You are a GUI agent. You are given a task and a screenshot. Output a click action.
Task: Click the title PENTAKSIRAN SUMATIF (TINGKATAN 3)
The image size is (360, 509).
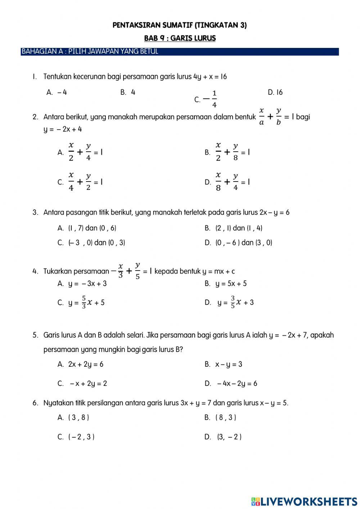[x=180, y=25]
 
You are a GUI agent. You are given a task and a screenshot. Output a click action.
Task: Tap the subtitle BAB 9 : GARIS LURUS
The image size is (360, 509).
[x=180, y=38]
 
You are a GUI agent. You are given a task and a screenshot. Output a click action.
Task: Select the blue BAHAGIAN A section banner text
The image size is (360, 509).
[x=90, y=52]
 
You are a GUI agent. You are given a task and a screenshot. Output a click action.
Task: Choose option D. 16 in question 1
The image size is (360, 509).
[x=275, y=93]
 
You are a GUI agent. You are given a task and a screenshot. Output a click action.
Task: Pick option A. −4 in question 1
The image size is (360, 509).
[x=57, y=92]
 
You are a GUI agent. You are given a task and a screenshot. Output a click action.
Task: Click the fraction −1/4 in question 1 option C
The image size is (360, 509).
[x=210, y=99]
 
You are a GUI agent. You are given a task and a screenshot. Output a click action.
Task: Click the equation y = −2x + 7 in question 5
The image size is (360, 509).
[x=288, y=335]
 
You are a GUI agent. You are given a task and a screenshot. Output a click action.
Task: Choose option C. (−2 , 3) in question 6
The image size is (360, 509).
[x=76, y=437]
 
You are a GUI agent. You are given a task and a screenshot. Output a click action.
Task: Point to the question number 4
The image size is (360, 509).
[x=35, y=271]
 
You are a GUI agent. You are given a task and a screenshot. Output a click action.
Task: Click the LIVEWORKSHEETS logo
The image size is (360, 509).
[x=304, y=501]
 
